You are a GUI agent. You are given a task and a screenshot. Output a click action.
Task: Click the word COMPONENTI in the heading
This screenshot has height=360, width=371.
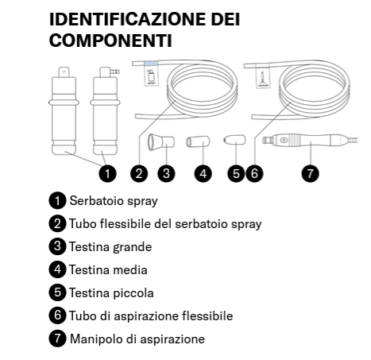[x=110, y=41]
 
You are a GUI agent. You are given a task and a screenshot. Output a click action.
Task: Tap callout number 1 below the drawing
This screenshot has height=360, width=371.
[x=107, y=173]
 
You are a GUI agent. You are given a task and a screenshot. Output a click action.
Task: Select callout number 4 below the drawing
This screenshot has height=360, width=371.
[x=203, y=173]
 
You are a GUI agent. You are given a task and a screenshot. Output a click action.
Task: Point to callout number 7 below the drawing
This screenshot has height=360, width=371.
[x=310, y=173]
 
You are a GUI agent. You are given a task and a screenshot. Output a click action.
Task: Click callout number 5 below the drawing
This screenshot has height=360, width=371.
[x=236, y=173]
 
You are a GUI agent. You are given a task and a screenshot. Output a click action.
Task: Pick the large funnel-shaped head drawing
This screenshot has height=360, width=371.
[x=161, y=142]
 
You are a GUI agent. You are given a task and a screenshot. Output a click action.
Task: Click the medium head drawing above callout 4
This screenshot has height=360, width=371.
[x=198, y=141]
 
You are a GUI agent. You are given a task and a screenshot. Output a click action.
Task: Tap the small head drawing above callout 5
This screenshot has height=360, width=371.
[x=235, y=140]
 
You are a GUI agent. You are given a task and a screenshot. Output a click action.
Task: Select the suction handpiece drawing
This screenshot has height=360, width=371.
[x=310, y=140]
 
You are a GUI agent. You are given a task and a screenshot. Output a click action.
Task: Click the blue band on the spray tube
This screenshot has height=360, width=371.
[x=151, y=64]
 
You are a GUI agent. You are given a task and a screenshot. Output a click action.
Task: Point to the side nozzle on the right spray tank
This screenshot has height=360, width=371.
[x=116, y=72]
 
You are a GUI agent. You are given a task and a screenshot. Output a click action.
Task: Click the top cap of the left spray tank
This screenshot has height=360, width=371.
[x=64, y=72]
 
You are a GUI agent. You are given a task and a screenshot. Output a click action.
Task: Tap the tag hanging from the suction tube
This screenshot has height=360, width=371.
[x=264, y=75]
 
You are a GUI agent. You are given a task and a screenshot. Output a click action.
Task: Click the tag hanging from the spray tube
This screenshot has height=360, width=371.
[x=151, y=75]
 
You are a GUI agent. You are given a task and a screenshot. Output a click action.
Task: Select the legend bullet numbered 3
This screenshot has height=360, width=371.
[x=57, y=246]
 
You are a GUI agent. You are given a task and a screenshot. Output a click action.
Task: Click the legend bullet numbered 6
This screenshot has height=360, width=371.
[x=57, y=315]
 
